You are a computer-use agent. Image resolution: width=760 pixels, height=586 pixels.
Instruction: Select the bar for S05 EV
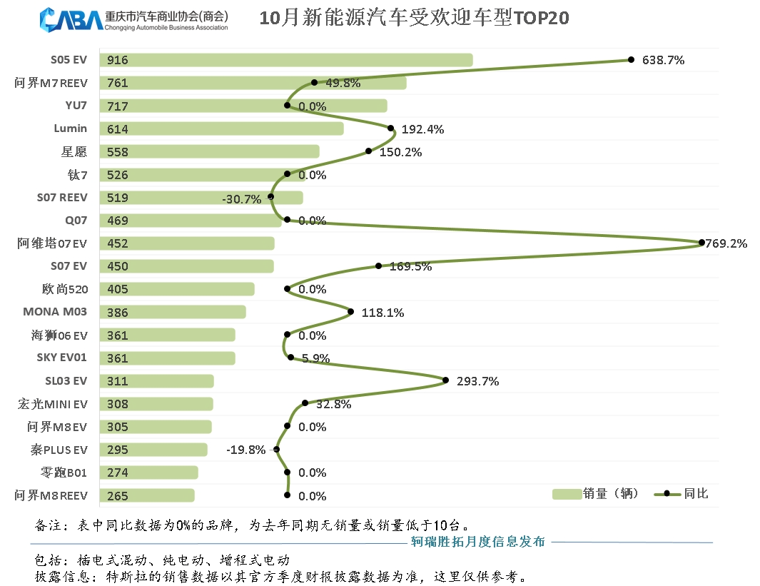point(285,60)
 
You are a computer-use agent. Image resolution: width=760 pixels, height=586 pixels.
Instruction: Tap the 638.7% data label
point(663,60)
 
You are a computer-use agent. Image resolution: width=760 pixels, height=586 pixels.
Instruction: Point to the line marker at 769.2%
point(701,243)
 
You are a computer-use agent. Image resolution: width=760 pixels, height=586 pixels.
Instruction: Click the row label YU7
point(76,106)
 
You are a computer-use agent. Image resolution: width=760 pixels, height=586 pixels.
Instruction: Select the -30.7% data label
point(242,199)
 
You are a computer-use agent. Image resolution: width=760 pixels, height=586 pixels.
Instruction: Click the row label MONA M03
point(55,312)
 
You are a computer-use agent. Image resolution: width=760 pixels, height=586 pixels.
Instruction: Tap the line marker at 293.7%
point(446,380)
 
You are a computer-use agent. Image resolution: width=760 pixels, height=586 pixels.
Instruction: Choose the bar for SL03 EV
point(157,381)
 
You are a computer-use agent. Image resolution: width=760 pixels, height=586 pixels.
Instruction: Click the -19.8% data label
point(245,450)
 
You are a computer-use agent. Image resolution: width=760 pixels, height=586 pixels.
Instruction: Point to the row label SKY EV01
point(62,358)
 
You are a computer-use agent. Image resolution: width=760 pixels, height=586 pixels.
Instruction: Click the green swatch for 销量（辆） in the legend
point(567,493)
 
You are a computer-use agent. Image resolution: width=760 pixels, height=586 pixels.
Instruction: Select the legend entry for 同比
point(682,493)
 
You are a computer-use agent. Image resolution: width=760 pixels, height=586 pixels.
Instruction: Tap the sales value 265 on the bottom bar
point(118,496)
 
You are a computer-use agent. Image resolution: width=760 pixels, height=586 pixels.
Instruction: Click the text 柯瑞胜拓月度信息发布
point(478,542)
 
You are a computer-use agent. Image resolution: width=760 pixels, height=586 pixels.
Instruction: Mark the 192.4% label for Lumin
point(422,129)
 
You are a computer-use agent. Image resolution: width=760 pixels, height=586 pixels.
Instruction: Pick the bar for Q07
point(191,221)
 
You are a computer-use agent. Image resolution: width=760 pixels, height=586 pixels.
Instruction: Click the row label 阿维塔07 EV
point(52,243)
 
